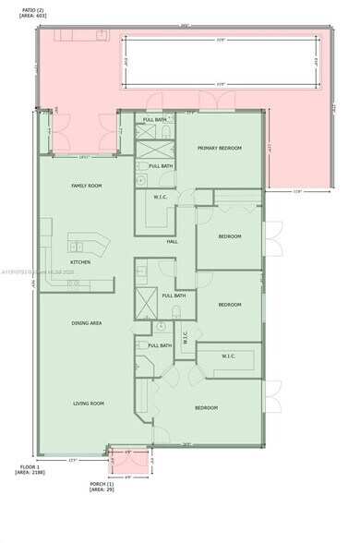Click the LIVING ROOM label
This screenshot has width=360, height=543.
(x=89, y=404)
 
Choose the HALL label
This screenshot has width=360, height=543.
(x=172, y=242)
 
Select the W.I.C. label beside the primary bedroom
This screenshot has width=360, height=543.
(x=159, y=196)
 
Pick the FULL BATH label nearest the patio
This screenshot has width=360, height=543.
(x=155, y=120)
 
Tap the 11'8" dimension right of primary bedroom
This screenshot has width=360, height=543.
(x=297, y=192)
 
